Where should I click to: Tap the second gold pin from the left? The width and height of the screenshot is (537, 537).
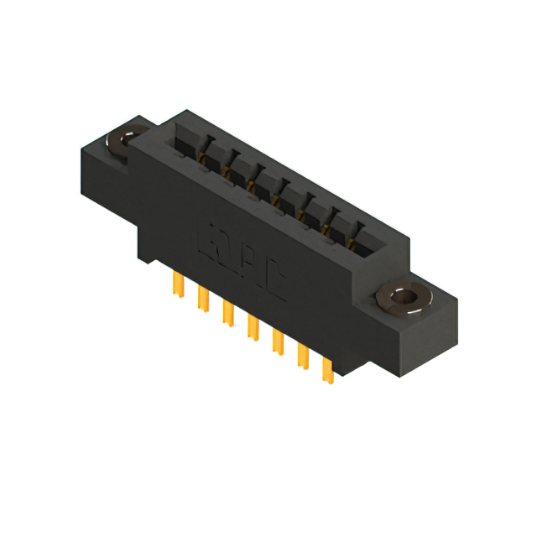pos(201,298)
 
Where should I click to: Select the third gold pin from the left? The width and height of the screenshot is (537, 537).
pos(226,312)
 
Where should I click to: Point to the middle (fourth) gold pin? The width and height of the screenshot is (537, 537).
pos(251,326)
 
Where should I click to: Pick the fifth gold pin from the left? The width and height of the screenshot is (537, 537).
pos(276,341)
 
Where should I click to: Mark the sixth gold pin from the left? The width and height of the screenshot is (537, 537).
pos(302,356)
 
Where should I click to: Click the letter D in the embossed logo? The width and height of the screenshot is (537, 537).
pos(230,252)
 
